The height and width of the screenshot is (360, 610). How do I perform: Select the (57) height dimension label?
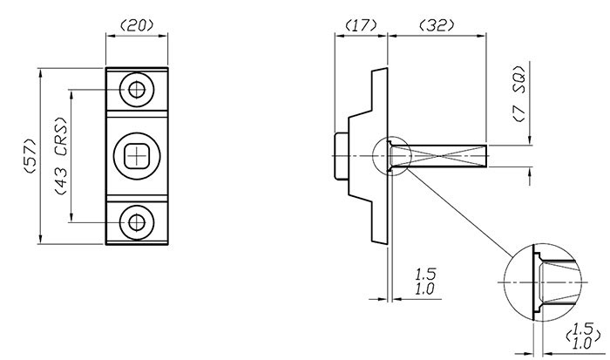[x=28, y=157]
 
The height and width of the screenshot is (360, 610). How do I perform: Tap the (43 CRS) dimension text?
[x=60, y=157]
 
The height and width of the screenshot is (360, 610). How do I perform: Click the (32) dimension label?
[x=436, y=25]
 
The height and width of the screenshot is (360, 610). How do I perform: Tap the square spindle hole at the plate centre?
[x=135, y=155]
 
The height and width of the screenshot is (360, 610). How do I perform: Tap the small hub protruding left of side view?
[x=341, y=156]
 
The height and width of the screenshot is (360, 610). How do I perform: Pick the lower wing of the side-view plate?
[x=374, y=214]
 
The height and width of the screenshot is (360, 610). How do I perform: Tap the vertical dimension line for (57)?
[x=42, y=157]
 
